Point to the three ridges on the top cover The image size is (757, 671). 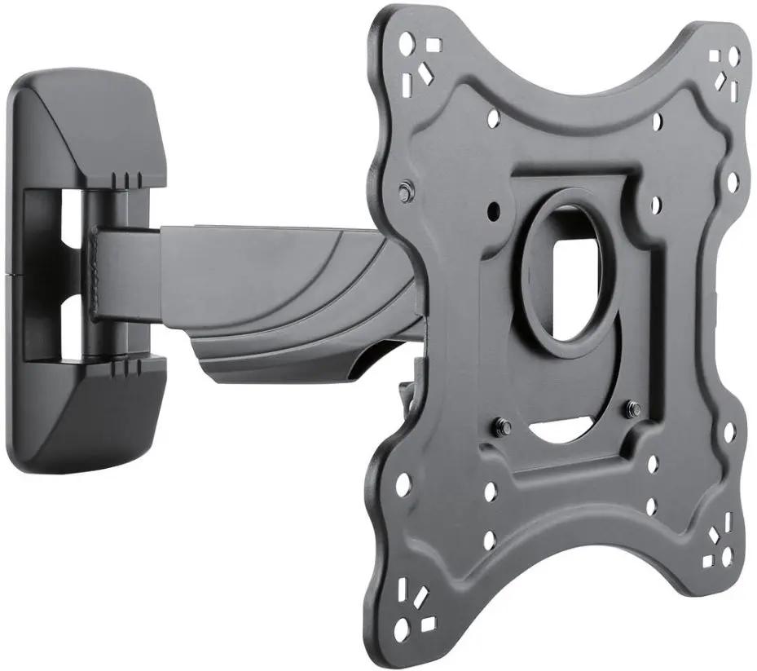pos(127,178)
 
